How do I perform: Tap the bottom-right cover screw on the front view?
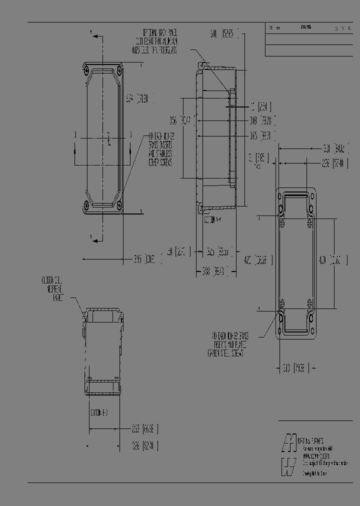pos(119,204)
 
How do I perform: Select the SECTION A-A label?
pos(213,219)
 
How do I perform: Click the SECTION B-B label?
pos(99,413)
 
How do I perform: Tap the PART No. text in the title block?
pos(313,442)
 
